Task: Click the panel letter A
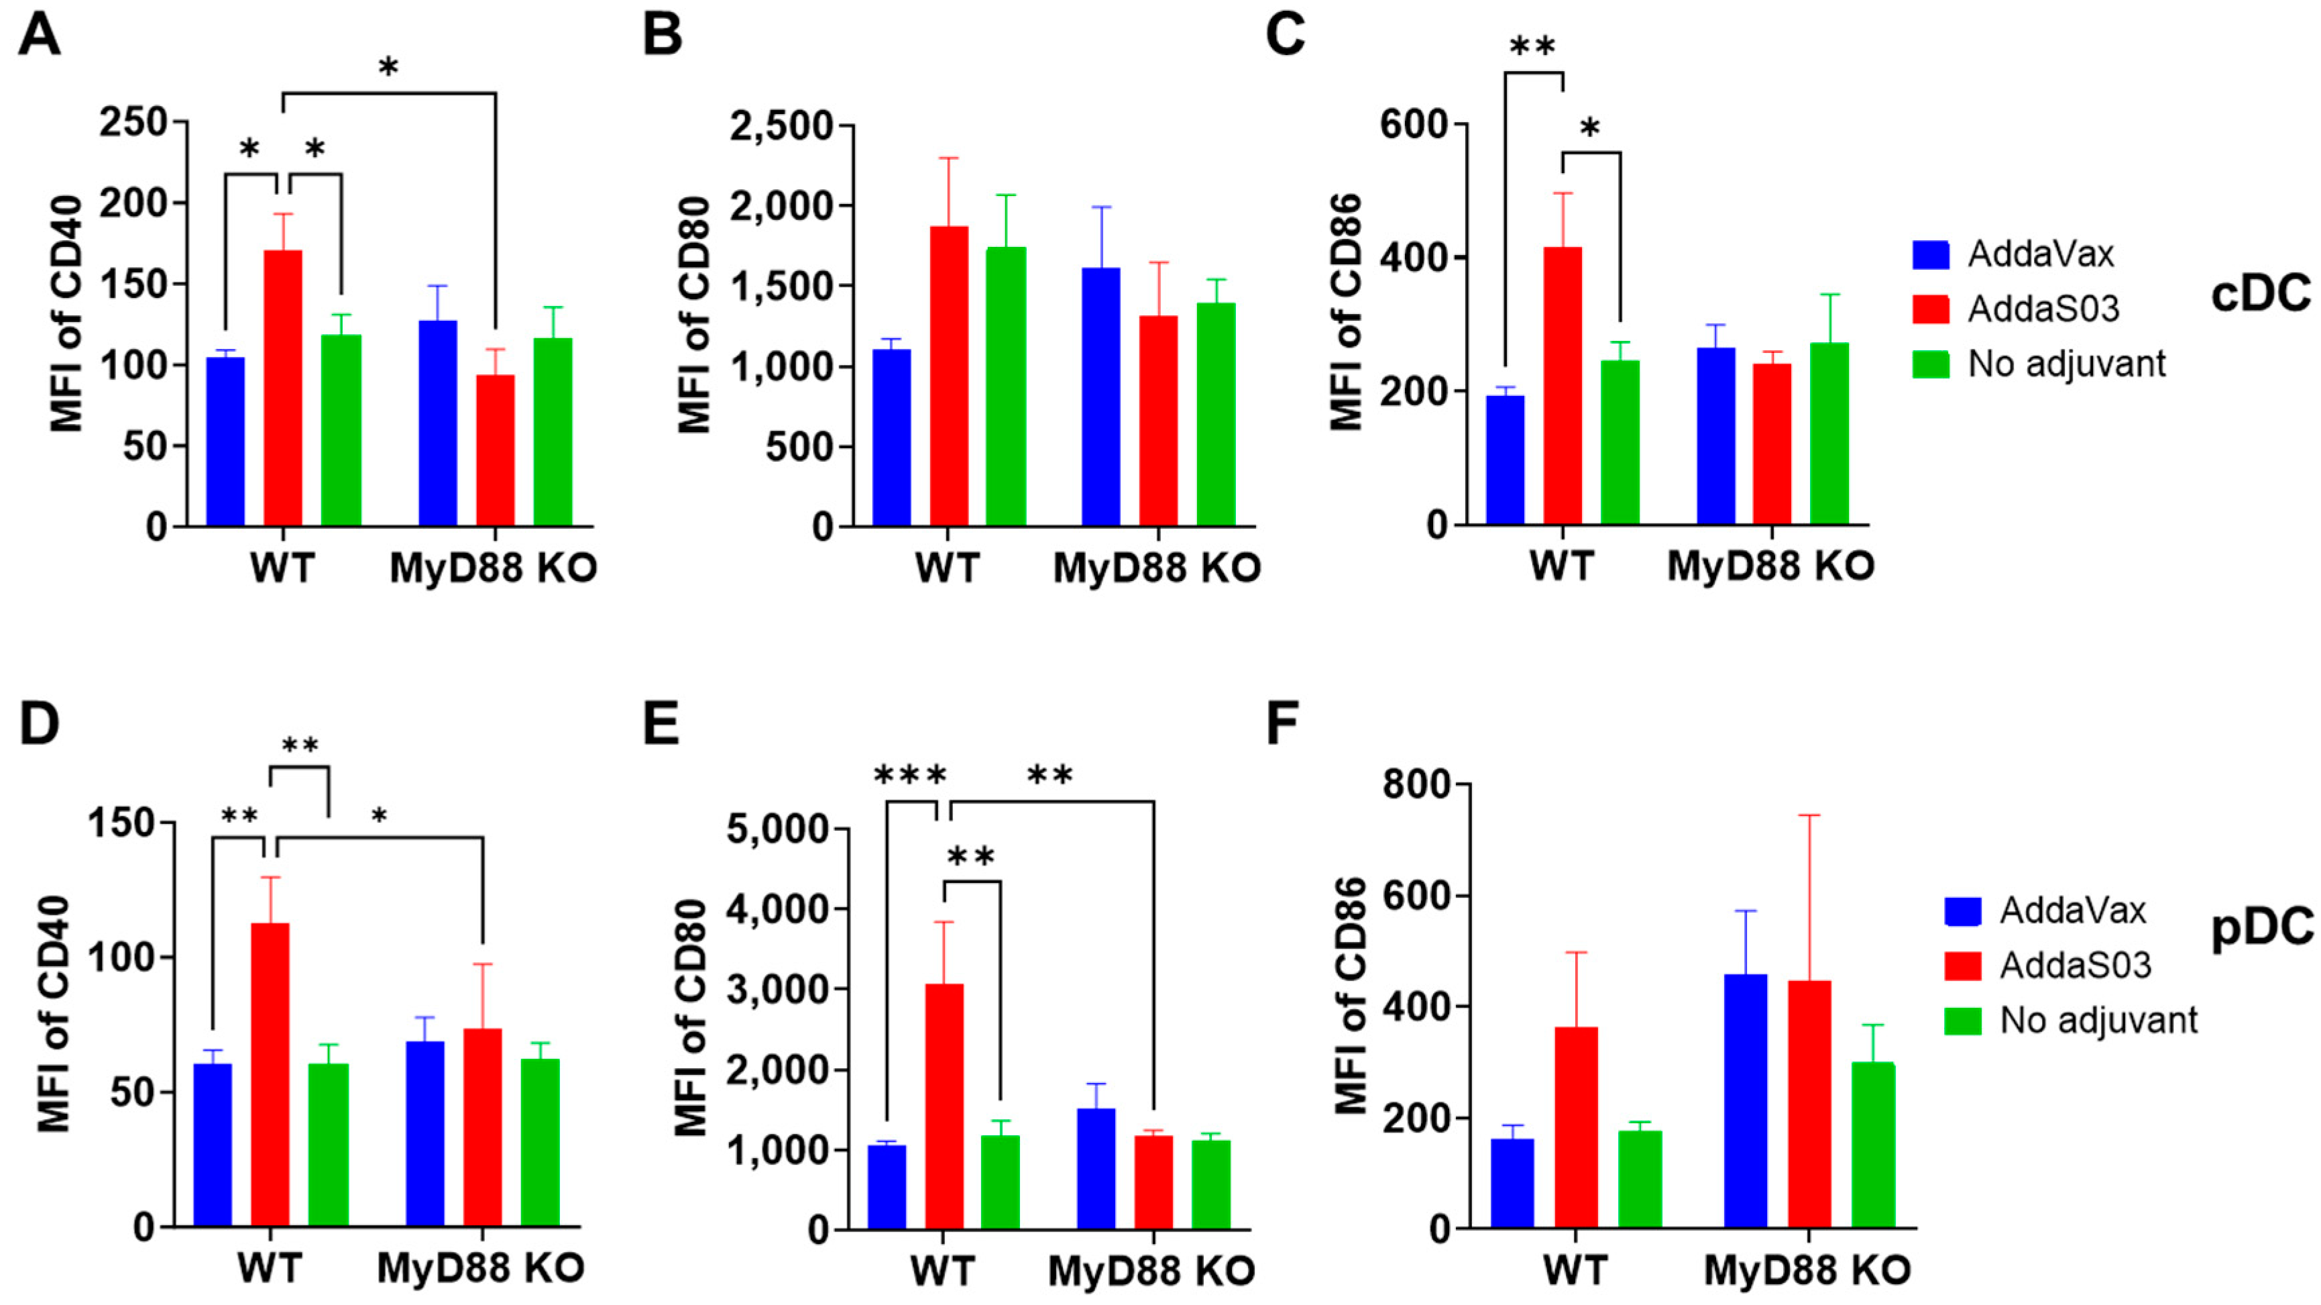tap(39, 36)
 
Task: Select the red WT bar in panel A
tap(283, 388)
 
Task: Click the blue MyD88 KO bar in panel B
tap(1101, 397)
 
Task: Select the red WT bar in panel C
tap(1563, 386)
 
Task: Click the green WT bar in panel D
tap(328, 1145)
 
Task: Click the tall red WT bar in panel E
tap(944, 1106)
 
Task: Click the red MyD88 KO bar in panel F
tap(1809, 1104)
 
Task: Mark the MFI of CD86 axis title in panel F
tap(1350, 996)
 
